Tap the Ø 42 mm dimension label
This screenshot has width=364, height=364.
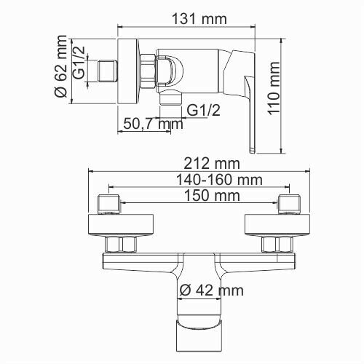click(x=210, y=290)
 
